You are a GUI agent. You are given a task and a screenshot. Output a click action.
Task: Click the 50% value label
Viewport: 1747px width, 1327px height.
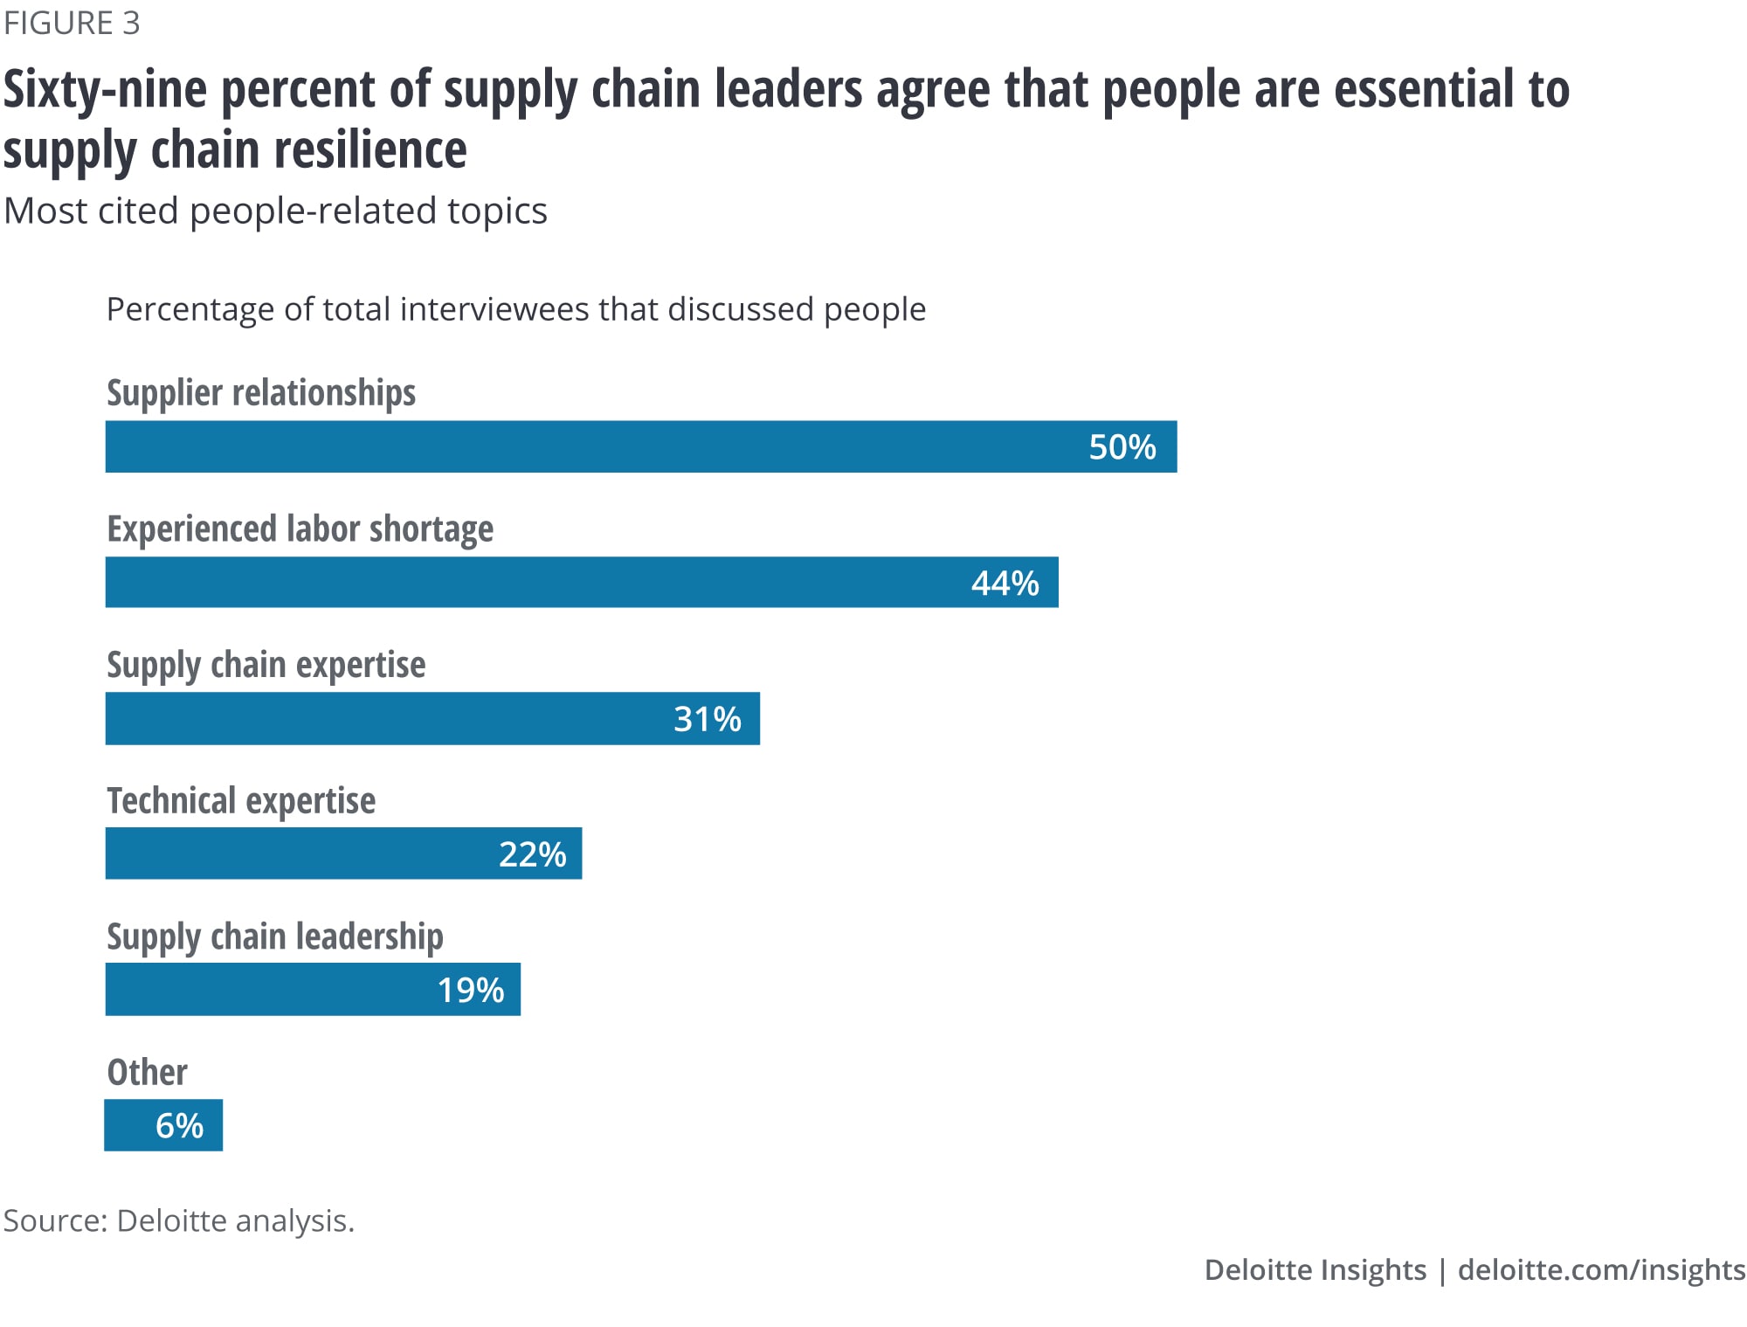click(1122, 447)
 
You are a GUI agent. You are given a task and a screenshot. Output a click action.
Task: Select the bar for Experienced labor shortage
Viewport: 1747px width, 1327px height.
click(581, 583)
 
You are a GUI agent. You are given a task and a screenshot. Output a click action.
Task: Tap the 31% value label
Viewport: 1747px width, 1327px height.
click(707, 719)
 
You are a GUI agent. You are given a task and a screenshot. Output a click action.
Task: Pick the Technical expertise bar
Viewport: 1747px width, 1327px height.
click(343, 854)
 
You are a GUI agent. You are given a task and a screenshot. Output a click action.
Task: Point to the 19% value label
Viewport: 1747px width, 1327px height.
click(470, 990)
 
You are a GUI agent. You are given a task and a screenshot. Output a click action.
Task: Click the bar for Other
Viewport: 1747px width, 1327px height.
click(163, 1125)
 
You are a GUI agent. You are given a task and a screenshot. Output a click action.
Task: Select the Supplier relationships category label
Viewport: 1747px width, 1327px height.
click(261, 393)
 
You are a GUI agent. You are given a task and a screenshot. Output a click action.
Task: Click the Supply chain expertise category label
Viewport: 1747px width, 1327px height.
click(266, 665)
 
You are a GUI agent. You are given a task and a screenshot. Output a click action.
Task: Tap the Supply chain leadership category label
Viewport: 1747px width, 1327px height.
click(274, 937)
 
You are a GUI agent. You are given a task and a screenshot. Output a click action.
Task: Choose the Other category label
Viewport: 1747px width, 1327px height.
click(147, 1072)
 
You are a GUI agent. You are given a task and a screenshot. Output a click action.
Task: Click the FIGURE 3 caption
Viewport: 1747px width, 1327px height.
click(72, 24)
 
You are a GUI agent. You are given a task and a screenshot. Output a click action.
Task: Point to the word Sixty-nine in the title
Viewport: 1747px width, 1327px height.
click(106, 90)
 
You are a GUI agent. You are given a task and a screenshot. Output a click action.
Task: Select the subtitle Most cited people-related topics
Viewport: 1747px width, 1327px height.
click(275, 211)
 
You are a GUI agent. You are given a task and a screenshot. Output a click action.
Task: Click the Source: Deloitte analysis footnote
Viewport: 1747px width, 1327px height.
click(179, 1220)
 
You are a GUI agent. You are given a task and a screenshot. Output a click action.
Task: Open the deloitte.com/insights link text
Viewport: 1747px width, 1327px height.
click(1601, 1269)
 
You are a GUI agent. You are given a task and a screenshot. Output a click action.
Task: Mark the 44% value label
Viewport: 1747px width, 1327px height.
click(1005, 584)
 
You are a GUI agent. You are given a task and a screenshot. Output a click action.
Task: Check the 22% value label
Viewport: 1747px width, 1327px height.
click(532, 854)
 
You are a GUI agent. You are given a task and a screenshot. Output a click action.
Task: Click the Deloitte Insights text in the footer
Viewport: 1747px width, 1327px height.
click(1315, 1269)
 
